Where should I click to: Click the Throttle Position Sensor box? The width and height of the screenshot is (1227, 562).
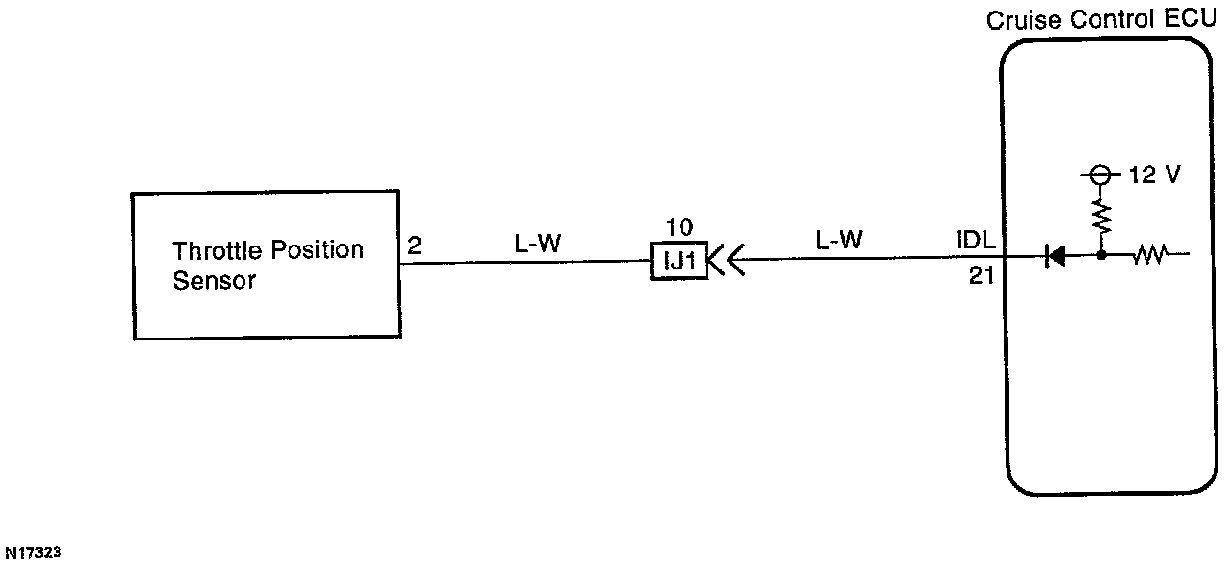pyautogui.click(x=266, y=265)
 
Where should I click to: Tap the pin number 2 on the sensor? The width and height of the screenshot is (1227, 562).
pyautogui.click(x=414, y=246)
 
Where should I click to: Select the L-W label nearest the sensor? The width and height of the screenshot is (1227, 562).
pyautogui.click(x=537, y=244)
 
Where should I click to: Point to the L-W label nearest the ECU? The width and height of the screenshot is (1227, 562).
pyautogui.click(x=839, y=241)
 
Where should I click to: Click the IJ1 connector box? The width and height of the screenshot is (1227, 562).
pyautogui.click(x=678, y=260)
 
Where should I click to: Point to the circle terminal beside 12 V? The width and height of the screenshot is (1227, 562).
pyautogui.click(x=1101, y=176)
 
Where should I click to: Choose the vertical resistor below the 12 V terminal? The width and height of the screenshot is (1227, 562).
pyautogui.click(x=1101, y=218)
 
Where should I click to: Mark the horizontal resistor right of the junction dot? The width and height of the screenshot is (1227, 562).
pyautogui.click(x=1148, y=256)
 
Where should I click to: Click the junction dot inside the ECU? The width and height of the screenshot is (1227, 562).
pyautogui.click(x=1101, y=256)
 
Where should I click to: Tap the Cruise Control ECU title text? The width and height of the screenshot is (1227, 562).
pyautogui.click(x=1101, y=19)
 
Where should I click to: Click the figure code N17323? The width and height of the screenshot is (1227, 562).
pyautogui.click(x=34, y=552)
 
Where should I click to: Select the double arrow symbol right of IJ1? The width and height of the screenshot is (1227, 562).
pyautogui.click(x=726, y=259)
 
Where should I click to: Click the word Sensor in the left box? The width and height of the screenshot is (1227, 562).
pyautogui.click(x=215, y=281)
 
